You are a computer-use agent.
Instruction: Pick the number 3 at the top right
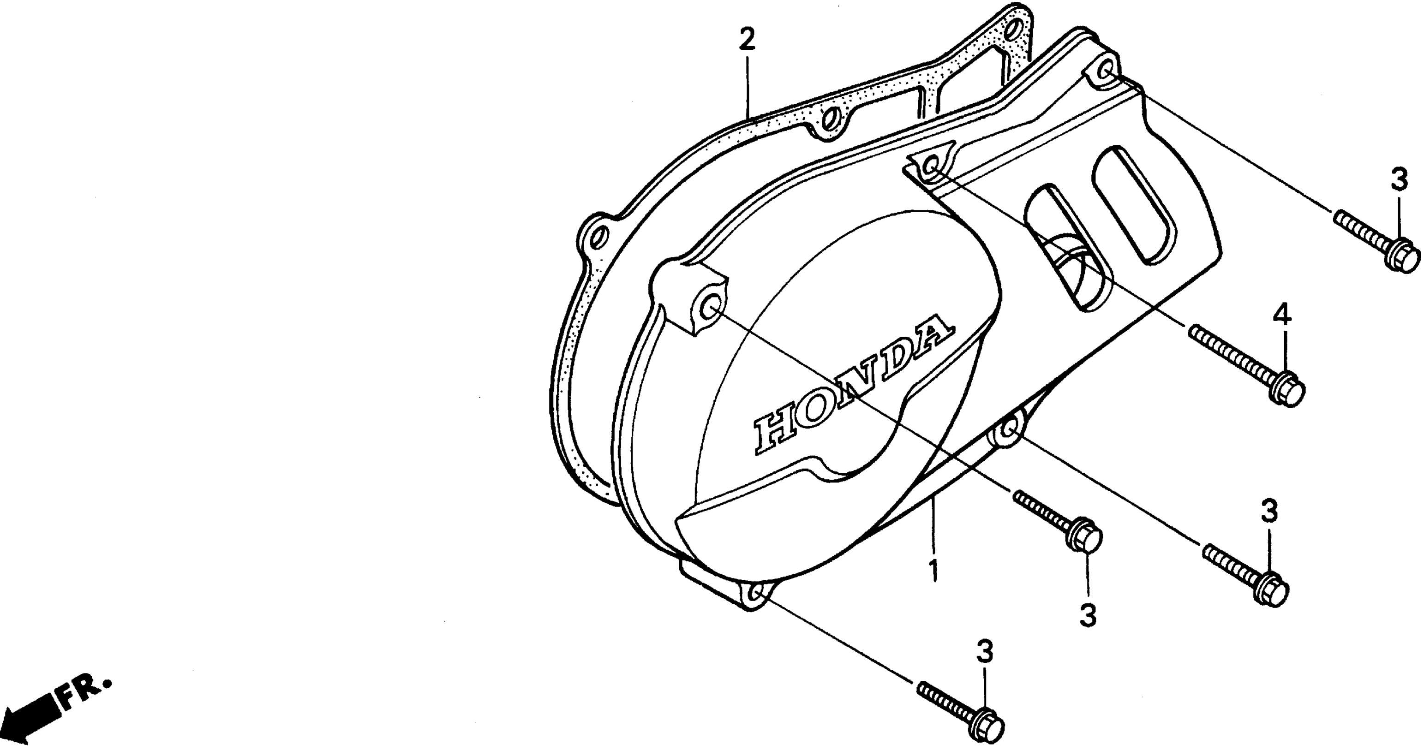[1399, 180]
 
